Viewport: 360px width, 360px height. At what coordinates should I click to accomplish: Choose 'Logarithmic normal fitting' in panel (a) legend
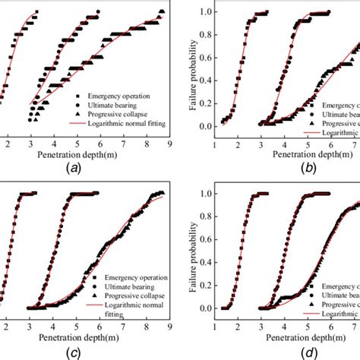130,121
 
